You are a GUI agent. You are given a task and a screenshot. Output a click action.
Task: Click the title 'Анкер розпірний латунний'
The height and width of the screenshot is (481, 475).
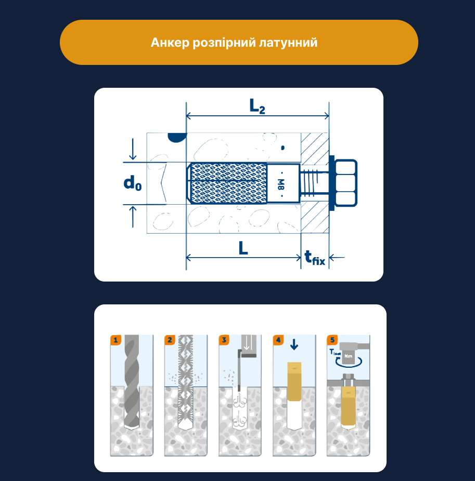234,43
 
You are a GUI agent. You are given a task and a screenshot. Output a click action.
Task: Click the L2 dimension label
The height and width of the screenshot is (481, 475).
257,106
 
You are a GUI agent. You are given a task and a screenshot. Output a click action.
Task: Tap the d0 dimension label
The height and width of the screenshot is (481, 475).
132,183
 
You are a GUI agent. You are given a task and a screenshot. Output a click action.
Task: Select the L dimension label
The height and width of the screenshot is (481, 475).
243,249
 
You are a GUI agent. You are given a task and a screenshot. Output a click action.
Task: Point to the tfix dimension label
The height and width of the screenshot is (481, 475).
315,258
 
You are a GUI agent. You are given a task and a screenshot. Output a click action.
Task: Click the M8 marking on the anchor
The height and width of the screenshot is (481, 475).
280,183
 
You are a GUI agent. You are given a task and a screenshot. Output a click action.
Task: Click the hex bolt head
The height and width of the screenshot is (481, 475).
346,183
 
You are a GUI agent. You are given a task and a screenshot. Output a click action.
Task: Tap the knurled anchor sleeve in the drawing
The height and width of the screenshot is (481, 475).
229,183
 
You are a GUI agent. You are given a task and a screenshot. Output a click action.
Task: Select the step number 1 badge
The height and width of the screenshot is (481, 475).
115,340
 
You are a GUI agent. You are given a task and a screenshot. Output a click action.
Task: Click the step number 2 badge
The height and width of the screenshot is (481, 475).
170,340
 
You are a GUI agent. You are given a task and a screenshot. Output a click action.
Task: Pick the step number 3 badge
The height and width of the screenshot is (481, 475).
224,340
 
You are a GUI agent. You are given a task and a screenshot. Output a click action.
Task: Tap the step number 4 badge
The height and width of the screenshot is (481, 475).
278,340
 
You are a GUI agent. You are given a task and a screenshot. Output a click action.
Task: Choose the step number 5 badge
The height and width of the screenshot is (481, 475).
332,340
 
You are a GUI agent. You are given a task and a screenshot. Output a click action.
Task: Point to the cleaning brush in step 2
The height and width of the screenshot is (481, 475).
186,384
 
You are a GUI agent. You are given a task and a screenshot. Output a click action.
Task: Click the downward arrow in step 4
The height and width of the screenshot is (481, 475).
294,344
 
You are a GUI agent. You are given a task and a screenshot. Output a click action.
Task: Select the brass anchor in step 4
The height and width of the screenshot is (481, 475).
294,382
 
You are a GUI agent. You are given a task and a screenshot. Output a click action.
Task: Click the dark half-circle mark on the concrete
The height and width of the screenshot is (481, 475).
177,137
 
